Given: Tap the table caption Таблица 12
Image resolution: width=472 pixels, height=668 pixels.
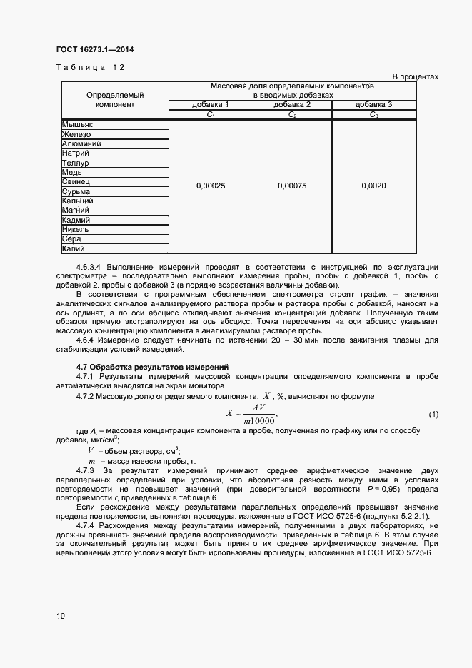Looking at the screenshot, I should (x=90, y=67).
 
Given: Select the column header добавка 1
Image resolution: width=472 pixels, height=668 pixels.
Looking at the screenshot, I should (x=211, y=105).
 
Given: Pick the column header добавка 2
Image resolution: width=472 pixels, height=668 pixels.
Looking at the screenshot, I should (x=292, y=105).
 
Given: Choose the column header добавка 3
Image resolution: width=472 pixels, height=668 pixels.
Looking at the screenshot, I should (x=373, y=105).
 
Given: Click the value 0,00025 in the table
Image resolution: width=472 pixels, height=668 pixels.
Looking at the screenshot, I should (x=211, y=186).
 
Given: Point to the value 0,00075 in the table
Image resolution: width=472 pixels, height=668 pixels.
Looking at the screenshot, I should (x=292, y=186).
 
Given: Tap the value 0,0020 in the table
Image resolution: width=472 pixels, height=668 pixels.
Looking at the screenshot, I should (x=373, y=186).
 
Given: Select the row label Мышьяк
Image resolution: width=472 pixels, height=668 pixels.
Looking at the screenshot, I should (x=77, y=124).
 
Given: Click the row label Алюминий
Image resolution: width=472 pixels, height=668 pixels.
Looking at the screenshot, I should (x=81, y=143).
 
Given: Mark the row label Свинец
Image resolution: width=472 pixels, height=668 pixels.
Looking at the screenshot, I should (x=76, y=182).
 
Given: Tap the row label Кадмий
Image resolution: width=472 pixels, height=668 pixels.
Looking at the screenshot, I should (x=76, y=221).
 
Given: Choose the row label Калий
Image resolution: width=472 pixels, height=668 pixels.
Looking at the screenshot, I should (x=74, y=249).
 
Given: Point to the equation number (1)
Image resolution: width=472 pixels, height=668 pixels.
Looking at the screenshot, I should (x=433, y=415).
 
